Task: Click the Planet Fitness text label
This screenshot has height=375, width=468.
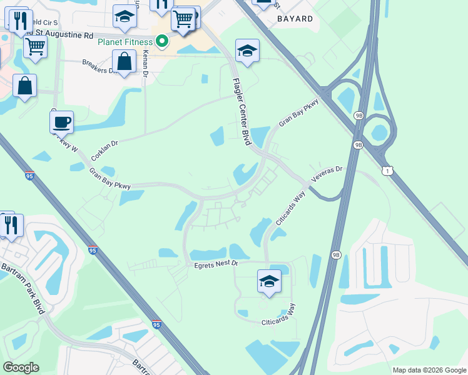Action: click(125, 42)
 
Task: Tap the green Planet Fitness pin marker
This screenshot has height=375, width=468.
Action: click(162, 42)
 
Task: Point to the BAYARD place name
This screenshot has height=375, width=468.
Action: click(295, 19)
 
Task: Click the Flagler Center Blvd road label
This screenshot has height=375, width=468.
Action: click(242, 112)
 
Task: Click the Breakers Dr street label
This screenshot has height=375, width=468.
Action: click(99, 66)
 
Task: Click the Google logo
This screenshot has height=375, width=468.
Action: click(21, 367)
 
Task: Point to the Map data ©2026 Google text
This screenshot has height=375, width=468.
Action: click(429, 369)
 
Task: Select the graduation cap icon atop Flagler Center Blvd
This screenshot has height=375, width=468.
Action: click(247, 51)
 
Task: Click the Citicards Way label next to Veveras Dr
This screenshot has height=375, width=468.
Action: click(289, 210)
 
